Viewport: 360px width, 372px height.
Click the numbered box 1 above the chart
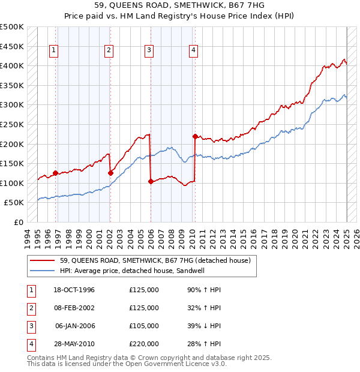coord(54,51)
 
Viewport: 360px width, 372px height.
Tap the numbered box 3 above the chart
coord(148,51)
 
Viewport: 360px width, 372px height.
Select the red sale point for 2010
coord(195,136)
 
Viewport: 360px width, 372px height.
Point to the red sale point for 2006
coord(151,181)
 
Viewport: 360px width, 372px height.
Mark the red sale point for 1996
coord(56,173)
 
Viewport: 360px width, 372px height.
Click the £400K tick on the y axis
coord(11,65)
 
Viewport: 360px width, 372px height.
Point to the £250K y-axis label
coord(11,124)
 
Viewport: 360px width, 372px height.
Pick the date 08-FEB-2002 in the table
coord(74,308)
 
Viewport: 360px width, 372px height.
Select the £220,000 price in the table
coord(144,344)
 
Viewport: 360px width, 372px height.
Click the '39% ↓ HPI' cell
coord(204,326)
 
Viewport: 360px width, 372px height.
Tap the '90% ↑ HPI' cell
coord(204,290)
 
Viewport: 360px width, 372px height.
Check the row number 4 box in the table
coord(29,344)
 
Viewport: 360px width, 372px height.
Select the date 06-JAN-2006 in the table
coord(74,326)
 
